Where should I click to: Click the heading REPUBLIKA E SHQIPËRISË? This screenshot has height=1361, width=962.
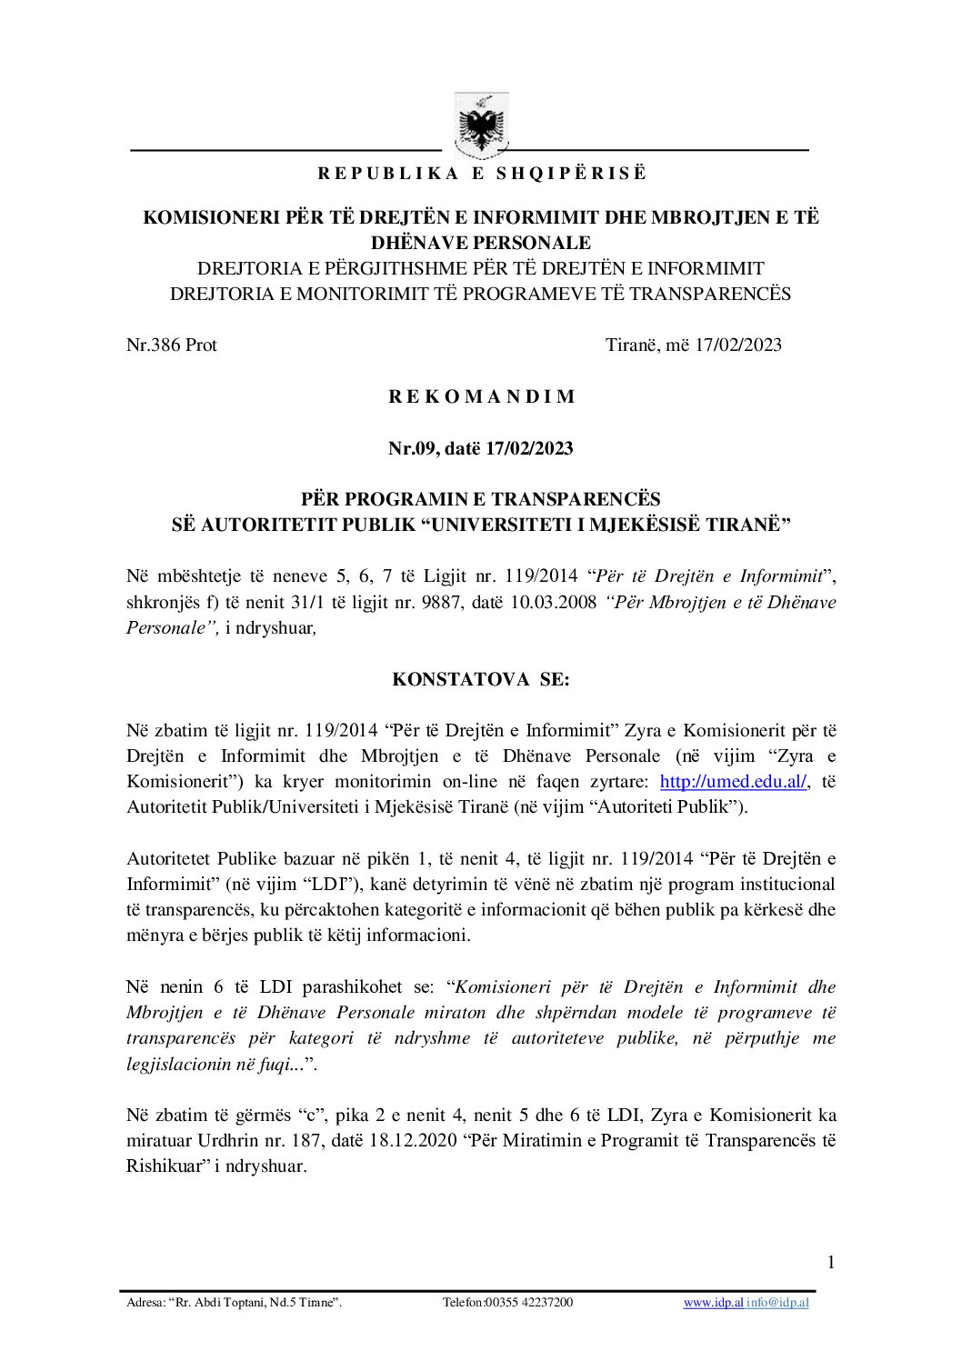tap(481, 174)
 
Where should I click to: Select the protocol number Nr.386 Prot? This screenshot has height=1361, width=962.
tap(171, 345)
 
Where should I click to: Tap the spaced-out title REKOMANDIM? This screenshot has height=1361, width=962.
tap(481, 396)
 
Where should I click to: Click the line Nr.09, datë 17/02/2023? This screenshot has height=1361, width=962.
tap(481, 448)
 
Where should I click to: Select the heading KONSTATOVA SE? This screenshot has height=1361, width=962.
tap(481, 679)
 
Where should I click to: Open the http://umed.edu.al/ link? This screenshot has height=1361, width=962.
tap(733, 782)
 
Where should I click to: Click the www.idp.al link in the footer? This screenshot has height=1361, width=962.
tap(713, 1303)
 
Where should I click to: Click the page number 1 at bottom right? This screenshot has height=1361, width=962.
tap(830, 1261)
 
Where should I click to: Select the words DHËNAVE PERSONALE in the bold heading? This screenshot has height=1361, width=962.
tap(481, 243)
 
